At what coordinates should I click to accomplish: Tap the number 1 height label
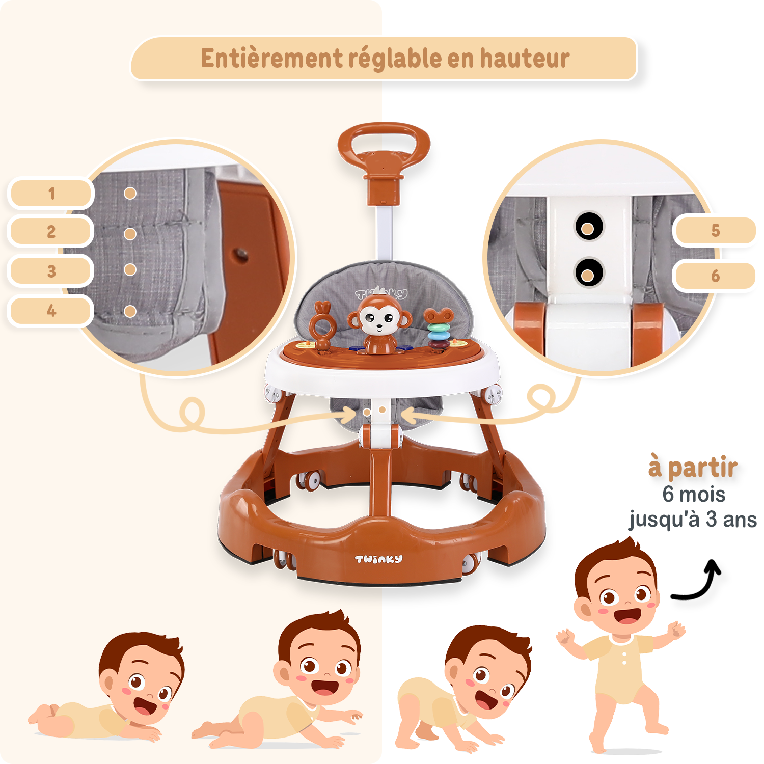pos(51,193)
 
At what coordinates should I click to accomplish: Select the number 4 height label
pos(51,310)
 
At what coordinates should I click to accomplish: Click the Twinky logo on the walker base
pos(378,559)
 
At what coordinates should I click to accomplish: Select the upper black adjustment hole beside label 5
pos(589,227)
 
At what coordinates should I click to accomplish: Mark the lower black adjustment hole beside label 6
pos(589,272)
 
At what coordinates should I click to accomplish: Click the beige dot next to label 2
pos(130,234)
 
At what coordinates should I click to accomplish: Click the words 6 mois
pos(694,494)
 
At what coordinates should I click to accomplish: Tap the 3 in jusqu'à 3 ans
pos(711,520)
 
